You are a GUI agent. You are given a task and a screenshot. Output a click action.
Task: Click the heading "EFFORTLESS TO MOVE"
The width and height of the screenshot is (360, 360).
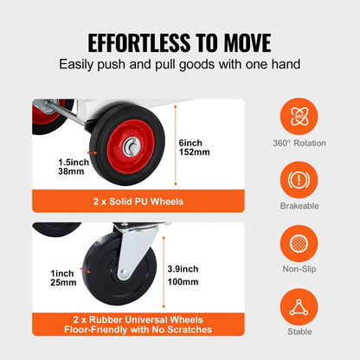click(x=180, y=42)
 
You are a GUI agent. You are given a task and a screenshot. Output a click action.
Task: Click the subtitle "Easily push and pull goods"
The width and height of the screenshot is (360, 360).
click(x=180, y=64)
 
